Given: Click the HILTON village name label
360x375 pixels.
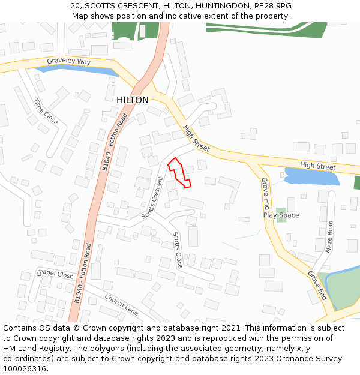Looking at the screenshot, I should tap(132, 100).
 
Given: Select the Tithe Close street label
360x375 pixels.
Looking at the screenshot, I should tap(46, 112).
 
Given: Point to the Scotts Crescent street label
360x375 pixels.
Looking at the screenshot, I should tap(152, 197).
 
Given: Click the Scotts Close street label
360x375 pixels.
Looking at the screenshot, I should tap(178, 250).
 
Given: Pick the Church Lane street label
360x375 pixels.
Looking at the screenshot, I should tap(122, 304).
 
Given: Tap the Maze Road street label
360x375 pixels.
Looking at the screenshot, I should tap(329, 236).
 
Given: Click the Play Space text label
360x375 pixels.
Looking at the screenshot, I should tap(281, 215).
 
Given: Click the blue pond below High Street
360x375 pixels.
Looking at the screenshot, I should tap(311, 177).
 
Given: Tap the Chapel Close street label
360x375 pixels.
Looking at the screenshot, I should tap(56, 275).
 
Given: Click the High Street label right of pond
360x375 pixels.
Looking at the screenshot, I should tap(318, 166).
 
